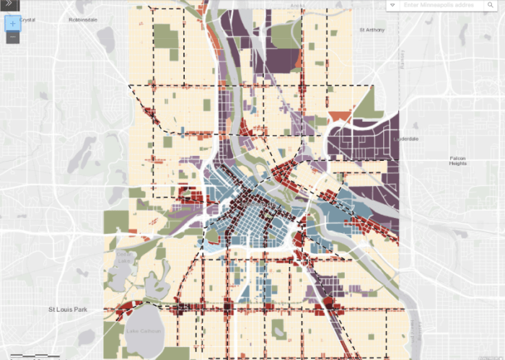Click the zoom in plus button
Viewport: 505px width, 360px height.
coord(13,23)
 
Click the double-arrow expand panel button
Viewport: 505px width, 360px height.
coord(9,4)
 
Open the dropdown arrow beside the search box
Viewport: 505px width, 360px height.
coord(392,5)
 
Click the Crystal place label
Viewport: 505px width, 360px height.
coord(27,19)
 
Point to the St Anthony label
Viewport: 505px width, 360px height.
coord(372,30)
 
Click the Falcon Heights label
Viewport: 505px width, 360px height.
coord(458,160)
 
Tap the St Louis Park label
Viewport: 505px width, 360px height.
coord(68,309)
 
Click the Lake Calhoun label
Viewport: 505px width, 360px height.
coord(141,331)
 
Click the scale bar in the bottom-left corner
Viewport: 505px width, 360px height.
coord(32,356)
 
